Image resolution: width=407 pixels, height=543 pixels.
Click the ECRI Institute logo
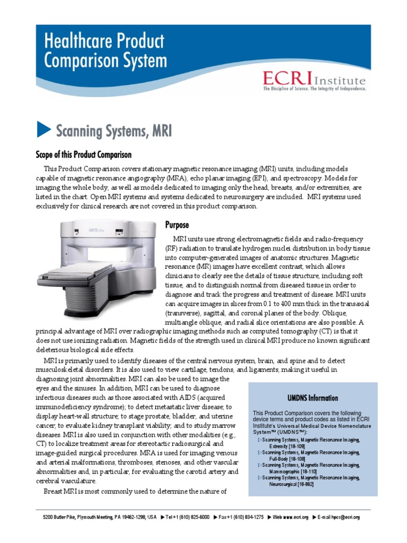pyautogui.click(x=314, y=80)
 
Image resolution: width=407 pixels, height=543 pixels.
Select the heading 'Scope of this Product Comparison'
pyautogui.click(x=83, y=154)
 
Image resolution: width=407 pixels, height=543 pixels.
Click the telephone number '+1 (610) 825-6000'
pyautogui.click(x=188, y=517)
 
